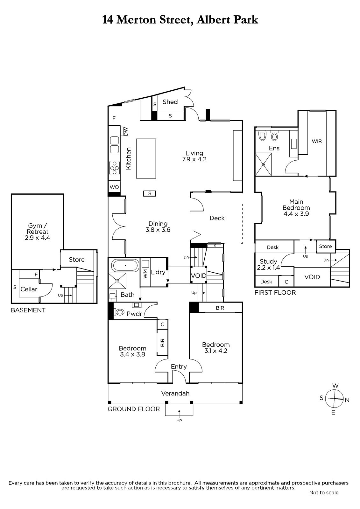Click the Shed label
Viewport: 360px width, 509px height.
170,102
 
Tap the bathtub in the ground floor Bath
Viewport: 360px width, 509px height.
125,265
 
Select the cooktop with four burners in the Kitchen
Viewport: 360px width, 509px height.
114,168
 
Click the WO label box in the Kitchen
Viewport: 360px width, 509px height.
114,187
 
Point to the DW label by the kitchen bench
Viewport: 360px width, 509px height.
126,132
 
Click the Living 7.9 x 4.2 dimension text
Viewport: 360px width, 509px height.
194,159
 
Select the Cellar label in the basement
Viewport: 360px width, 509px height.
29,289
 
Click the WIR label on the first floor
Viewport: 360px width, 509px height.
317,141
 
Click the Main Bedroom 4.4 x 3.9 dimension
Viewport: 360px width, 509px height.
296,213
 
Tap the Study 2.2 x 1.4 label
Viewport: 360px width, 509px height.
268,264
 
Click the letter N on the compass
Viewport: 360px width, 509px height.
347,400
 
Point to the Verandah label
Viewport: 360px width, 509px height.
175,393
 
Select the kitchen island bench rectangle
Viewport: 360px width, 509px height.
146,158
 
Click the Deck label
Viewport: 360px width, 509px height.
217,218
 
